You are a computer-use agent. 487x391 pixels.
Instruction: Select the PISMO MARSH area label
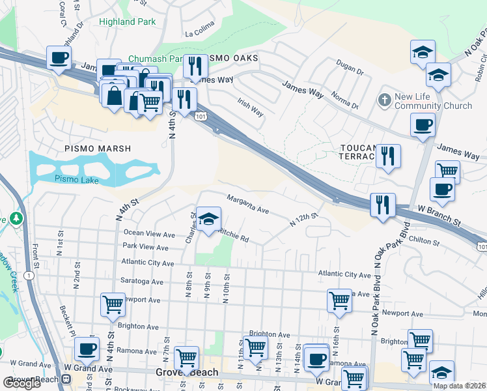coord(98,149)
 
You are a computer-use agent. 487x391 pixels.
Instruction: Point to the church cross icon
coord(384,101)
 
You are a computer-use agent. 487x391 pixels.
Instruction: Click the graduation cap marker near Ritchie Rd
coord(208,220)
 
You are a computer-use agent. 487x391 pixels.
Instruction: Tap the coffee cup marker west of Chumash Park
coord(59,58)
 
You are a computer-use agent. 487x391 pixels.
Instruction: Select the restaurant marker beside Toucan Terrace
coord(388,156)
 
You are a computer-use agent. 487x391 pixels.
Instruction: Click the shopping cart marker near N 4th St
coord(113,304)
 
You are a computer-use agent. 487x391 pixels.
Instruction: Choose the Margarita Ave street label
coord(247,204)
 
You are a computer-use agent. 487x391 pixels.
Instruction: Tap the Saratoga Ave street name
coord(141,281)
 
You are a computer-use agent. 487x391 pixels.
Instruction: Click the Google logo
coord(21,383)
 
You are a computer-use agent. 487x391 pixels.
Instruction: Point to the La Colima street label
coord(199,33)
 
